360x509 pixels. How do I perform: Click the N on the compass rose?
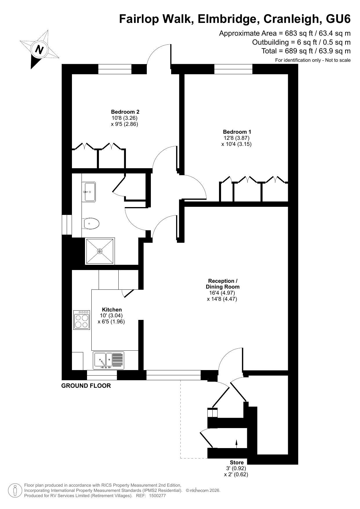pyautogui.click(x=39, y=49)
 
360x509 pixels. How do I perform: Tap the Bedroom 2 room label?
pyautogui.click(x=125, y=112)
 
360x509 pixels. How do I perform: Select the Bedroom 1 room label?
pyautogui.click(x=237, y=132)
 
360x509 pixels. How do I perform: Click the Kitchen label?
pyautogui.click(x=112, y=309)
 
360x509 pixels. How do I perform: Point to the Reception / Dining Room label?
pyautogui.click(x=223, y=284)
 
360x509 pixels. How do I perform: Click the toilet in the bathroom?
pyautogui.click(x=91, y=224)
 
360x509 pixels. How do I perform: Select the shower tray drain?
pyautogui.click(x=100, y=251)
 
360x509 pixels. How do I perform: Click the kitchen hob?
pyautogui.click(x=82, y=320)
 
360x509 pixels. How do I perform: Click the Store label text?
pyautogui.click(x=237, y=462)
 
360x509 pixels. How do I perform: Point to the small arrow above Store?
pyautogui.click(x=236, y=444)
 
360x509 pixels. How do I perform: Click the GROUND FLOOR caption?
pyautogui.click(x=86, y=386)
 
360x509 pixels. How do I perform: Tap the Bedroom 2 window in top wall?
pyautogui.click(x=115, y=69)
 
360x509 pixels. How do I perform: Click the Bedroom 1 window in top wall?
pyautogui.click(x=233, y=69)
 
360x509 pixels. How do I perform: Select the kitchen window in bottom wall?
pyautogui.click(x=102, y=375)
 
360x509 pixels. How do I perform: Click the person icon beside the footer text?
pyautogui.click(x=15, y=490)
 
